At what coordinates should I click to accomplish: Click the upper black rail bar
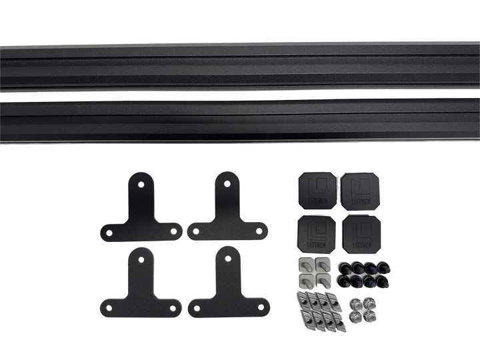(x=240, y=65)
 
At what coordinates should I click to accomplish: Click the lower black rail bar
(x=240, y=119)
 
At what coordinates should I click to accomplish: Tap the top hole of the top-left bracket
(x=141, y=181)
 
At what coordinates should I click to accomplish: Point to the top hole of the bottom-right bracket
(x=228, y=256)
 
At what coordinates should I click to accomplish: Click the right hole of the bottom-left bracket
(x=173, y=308)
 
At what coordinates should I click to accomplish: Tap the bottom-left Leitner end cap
(x=317, y=233)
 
